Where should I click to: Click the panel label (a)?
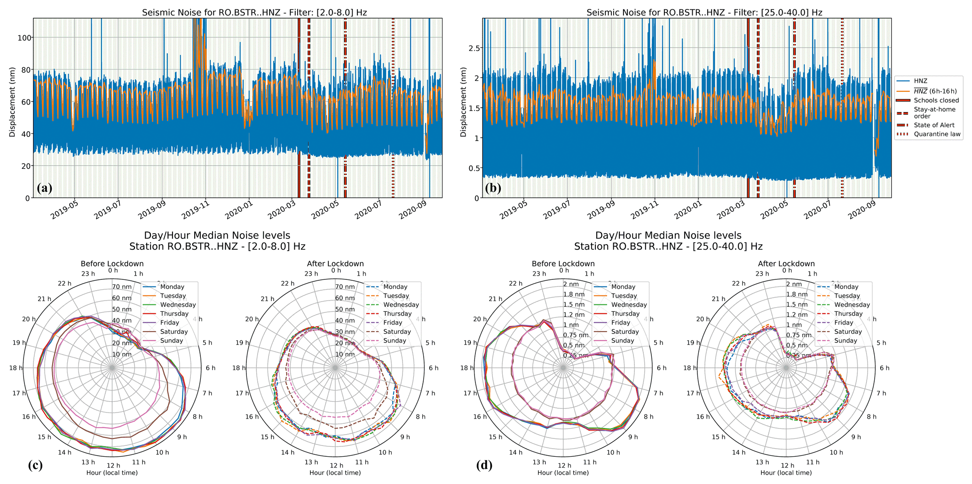[44, 188]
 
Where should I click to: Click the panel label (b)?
[493, 188]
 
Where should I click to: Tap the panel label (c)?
[36, 465]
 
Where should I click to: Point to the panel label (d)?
[485, 465]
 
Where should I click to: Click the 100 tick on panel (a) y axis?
[24, 38]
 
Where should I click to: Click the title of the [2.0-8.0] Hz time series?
[254, 13]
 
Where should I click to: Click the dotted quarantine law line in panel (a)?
[393, 108]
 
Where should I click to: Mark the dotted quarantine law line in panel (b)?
[842, 108]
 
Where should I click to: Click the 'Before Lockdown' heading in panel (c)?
[112, 264]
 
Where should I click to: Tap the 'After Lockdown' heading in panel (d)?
[786, 264]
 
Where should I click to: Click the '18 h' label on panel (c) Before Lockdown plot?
[16, 368]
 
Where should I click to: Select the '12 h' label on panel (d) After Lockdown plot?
[786, 466]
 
